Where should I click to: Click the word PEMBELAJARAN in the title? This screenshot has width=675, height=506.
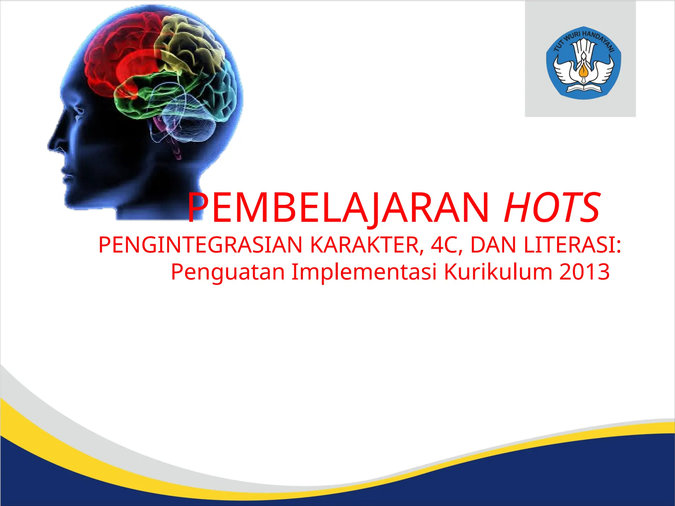pyautogui.click(x=338, y=208)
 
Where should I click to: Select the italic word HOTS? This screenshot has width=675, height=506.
pyautogui.click(x=552, y=208)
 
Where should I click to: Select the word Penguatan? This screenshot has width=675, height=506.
pyautogui.click(x=228, y=272)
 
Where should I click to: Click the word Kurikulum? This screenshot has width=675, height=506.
pyautogui.click(x=498, y=272)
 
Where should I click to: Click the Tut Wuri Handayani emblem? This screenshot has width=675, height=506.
pyautogui.click(x=583, y=63)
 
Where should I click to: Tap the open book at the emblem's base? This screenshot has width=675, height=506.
pyautogui.click(x=583, y=88)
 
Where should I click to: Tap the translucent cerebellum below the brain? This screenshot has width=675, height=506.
pyautogui.click(x=191, y=122)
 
